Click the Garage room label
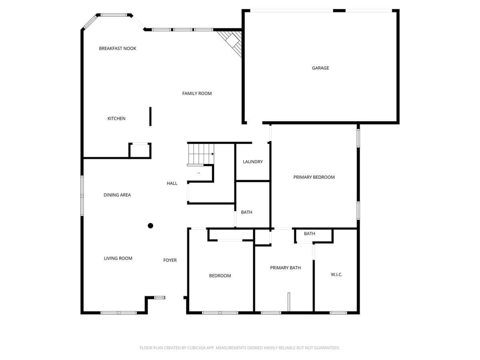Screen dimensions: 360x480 tap(320, 68)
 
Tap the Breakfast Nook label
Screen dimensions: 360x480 tap(118, 48)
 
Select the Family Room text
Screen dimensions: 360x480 tap(197, 94)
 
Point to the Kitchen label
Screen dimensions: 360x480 tap(116, 118)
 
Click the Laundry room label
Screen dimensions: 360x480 tap(253, 162)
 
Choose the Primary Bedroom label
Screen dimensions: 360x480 tap(314, 177)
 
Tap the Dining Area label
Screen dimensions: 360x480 tap(117, 195)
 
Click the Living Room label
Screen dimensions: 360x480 tap(118, 258)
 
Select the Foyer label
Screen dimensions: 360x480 tap(170, 260)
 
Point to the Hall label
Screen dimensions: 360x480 tap(172, 184)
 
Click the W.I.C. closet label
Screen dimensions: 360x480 tap(336, 275)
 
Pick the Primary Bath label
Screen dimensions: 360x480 tap(285, 268)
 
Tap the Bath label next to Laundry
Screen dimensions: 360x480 tap(246, 212)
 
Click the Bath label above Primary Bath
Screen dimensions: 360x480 tap(310, 234)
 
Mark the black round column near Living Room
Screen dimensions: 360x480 tap(150, 226)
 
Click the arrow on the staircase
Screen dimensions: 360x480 tap(212, 154)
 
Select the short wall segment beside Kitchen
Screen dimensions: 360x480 tap(150, 116)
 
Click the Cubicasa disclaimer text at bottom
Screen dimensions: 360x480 tap(240, 348)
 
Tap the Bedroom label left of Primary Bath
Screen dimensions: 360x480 tap(220, 276)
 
